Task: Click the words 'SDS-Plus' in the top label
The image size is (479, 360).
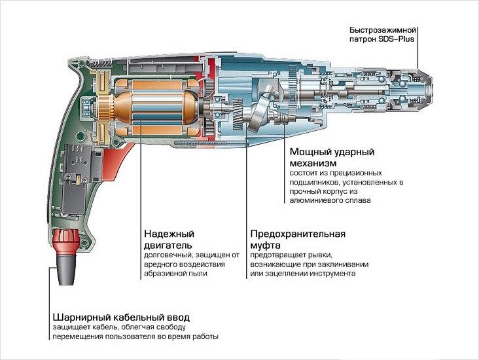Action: [398, 39]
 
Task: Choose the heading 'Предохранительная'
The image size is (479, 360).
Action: [297, 234]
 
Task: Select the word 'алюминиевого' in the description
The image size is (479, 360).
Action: [315, 201]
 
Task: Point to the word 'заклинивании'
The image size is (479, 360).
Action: [344, 264]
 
